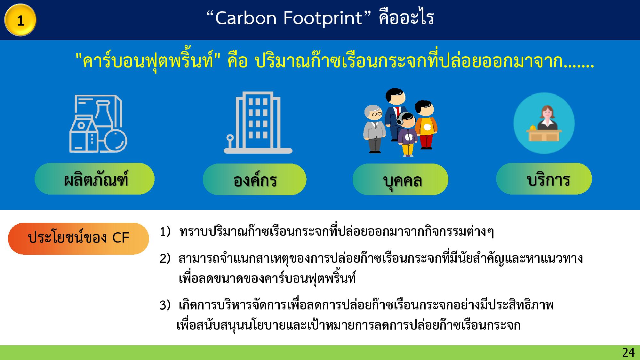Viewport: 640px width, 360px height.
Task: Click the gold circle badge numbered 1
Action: coord(20,20)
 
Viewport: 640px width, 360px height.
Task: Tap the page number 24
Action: coord(628,353)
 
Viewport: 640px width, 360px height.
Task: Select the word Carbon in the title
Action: coord(246,18)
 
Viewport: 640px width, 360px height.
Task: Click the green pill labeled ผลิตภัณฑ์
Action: coord(94,179)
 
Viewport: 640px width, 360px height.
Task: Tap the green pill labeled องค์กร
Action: coord(254,179)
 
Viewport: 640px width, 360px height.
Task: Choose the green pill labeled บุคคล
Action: coord(400,179)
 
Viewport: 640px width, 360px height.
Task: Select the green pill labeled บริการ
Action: coord(544,179)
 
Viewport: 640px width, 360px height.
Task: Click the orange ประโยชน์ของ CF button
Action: coord(78,238)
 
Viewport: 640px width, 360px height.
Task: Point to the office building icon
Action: coord(258,123)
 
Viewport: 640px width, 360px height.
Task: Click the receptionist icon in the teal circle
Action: coord(544,123)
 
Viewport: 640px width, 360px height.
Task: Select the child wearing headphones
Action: coord(407,134)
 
